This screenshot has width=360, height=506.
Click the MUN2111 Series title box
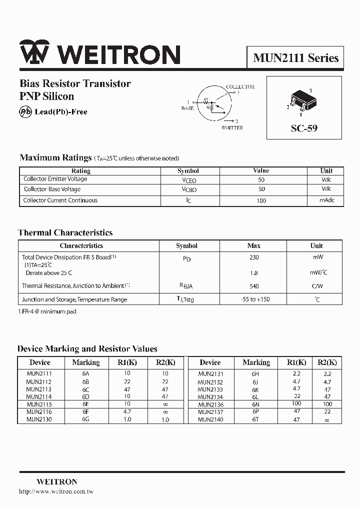pyautogui.click(x=295, y=57)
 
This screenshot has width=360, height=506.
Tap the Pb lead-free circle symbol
pyautogui.click(x=25, y=111)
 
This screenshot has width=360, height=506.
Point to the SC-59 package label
pyautogui.click(x=304, y=128)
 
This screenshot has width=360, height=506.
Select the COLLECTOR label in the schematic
pyautogui.click(x=240, y=87)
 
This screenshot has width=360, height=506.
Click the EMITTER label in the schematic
pyautogui.click(x=232, y=128)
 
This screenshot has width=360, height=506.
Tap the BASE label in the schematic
pyautogui.click(x=187, y=108)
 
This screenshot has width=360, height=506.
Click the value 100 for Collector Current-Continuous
pyautogui.click(x=261, y=200)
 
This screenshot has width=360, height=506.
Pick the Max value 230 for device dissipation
pyautogui.click(x=254, y=257)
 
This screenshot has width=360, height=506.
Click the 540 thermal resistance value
pyautogui.click(x=254, y=286)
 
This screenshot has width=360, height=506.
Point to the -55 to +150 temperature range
pyautogui.click(x=254, y=299)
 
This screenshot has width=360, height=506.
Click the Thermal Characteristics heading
pyautogui.click(x=65, y=232)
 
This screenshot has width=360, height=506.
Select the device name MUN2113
pyautogui.click(x=39, y=389)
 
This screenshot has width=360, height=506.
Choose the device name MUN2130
pyautogui.click(x=39, y=419)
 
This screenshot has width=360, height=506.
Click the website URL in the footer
pyautogui.click(x=56, y=491)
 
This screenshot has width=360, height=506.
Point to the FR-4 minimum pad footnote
pyautogui.click(x=47, y=311)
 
